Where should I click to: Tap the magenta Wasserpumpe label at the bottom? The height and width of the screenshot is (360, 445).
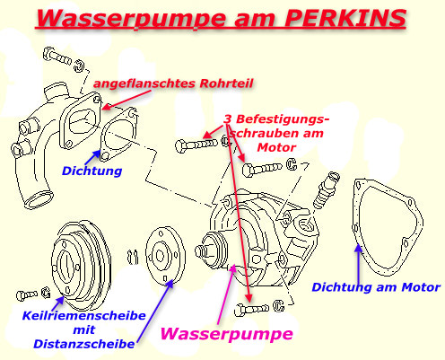[226, 334]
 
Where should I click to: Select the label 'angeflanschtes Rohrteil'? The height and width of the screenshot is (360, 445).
[174, 83]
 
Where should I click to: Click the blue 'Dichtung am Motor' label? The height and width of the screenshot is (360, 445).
[376, 287]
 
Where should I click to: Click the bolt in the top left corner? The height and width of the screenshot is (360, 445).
[57, 61]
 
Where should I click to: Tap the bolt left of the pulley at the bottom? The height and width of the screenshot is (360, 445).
[29, 294]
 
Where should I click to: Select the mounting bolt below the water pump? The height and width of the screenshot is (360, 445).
[250, 311]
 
